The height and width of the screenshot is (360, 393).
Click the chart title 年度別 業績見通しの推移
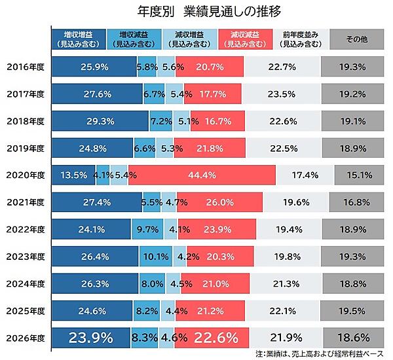tap(196, 12)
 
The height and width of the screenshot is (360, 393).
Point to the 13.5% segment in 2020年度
tap(73, 175)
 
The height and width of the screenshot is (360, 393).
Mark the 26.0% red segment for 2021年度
tap(220, 202)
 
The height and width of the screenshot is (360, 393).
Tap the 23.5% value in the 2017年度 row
tap(284, 94)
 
